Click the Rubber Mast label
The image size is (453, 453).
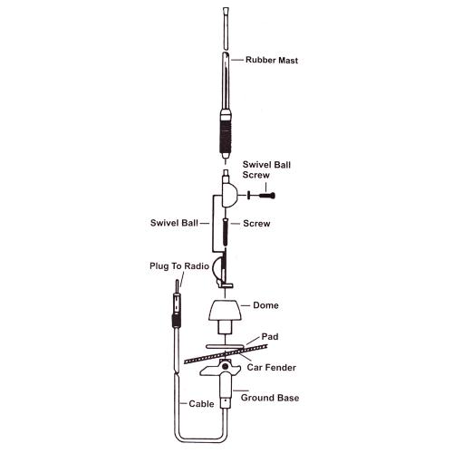[x=272, y=60]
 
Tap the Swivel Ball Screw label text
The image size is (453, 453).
[x=266, y=169]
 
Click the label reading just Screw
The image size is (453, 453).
[x=256, y=224]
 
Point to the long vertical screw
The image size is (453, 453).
[x=225, y=232]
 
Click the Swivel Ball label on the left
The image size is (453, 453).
[x=174, y=223]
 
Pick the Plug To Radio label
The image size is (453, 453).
[x=179, y=266]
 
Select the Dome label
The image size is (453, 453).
[x=265, y=305]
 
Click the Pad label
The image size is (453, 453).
[x=270, y=336]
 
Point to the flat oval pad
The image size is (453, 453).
[x=225, y=347]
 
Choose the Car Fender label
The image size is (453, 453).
[x=271, y=368]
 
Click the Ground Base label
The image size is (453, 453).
[x=270, y=398]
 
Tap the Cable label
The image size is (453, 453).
[x=201, y=404]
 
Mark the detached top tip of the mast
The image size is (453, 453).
[x=226, y=28]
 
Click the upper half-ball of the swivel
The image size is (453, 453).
[x=229, y=196]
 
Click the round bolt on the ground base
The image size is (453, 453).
[x=225, y=367]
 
